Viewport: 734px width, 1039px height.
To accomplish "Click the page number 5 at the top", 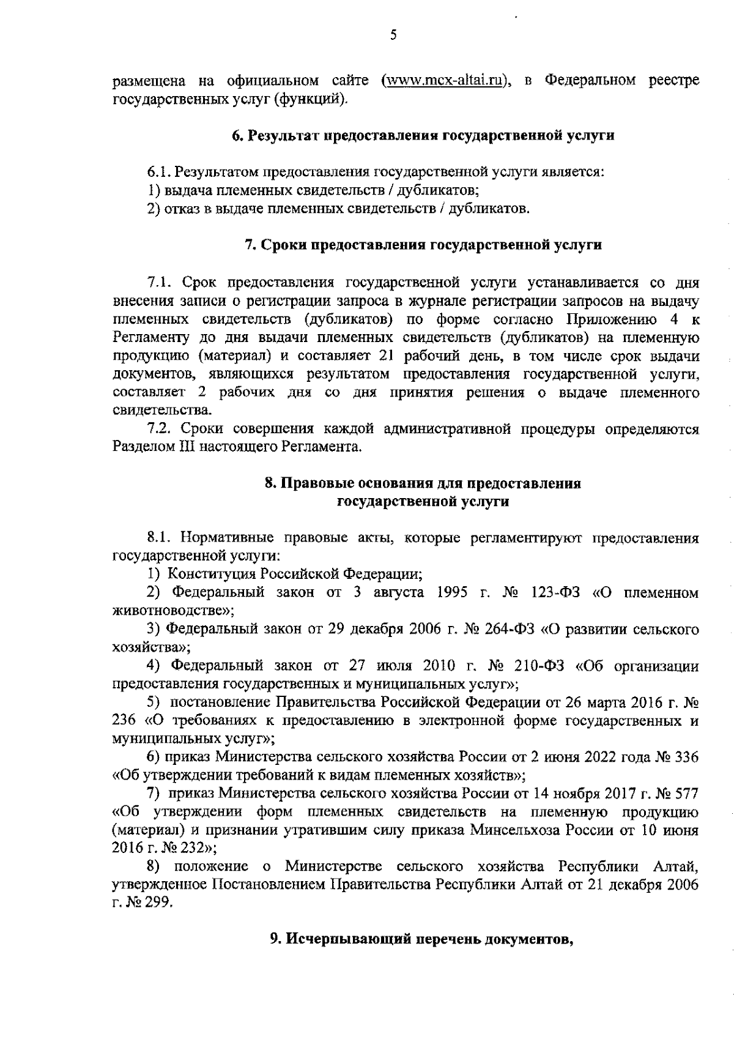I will coord(393,35).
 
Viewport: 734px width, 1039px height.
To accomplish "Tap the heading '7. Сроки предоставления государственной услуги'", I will coord(423,245).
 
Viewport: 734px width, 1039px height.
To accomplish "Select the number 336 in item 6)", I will coord(686,758).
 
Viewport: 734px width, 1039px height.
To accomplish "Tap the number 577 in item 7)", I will coord(686,794).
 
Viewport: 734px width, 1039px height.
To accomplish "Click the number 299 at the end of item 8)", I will coord(161,903).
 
